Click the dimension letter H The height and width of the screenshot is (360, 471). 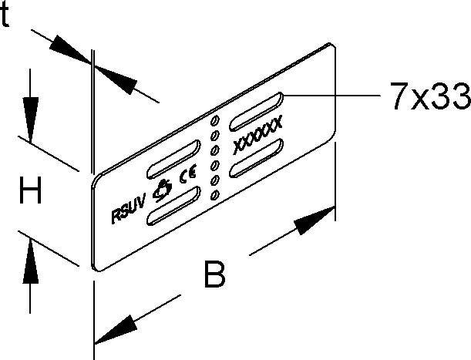[30, 190]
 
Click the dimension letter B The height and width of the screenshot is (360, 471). [214, 274]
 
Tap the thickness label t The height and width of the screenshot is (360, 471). [5, 15]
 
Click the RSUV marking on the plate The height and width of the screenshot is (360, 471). [129, 208]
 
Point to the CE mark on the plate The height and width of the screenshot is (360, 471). [188, 173]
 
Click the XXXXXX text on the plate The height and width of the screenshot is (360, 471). [257, 134]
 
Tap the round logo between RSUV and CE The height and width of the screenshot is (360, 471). [162, 190]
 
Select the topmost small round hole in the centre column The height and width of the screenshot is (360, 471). [215, 120]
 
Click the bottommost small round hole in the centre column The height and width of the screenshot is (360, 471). [214, 195]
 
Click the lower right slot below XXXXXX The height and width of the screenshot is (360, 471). [256, 157]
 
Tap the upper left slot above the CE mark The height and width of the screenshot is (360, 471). [173, 159]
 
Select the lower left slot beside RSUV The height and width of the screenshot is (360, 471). [173, 206]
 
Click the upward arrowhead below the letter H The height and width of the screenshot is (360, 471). [30, 261]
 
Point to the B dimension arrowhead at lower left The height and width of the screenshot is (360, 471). [114, 329]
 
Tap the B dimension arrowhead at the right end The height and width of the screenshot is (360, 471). [315, 220]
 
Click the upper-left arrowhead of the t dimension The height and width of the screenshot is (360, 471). [69, 49]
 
